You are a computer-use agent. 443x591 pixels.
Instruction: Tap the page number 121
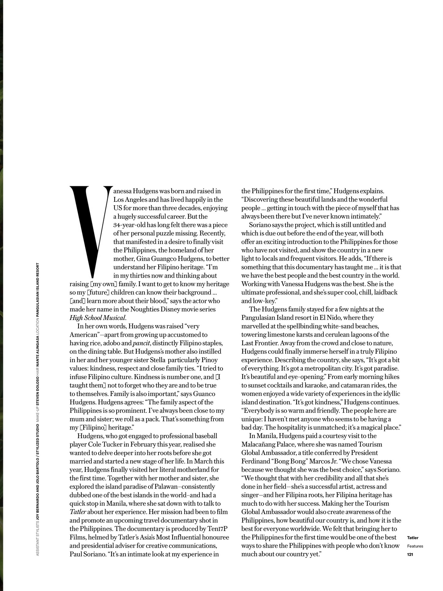point(410,554)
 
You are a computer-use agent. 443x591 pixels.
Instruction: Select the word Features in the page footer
point(415,546)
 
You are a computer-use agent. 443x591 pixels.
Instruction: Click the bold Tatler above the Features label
point(413,538)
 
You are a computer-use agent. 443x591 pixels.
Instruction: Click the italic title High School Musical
point(97,318)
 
